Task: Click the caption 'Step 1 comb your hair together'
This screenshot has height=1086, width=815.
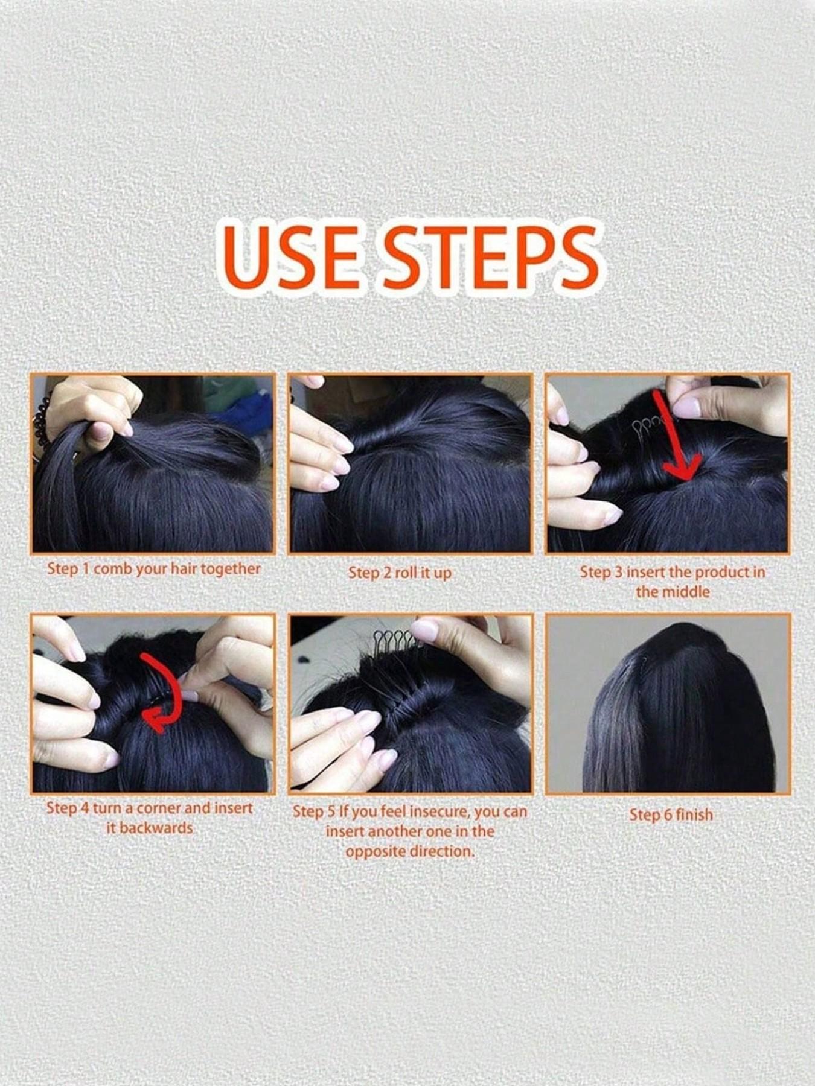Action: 154,569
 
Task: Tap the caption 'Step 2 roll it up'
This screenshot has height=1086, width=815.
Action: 400,573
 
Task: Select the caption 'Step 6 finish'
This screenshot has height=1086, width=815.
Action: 671,815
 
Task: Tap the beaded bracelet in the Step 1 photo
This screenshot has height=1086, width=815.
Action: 40,422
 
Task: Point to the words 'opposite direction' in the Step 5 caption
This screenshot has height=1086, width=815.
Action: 409,851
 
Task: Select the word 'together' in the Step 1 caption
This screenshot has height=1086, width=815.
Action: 231,569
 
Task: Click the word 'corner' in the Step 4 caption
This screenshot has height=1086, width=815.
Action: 154,808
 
